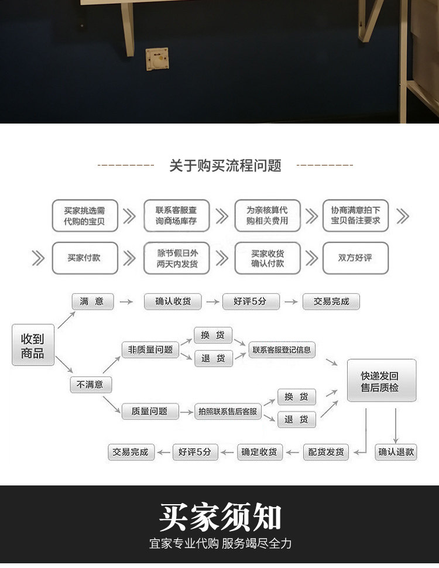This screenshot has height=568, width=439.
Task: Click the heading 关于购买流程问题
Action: click(225, 166)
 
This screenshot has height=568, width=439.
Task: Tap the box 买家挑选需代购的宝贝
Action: click(85, 216)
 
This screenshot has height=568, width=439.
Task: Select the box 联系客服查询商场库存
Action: click(176, 216)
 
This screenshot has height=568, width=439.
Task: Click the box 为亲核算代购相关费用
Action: click(267, 216)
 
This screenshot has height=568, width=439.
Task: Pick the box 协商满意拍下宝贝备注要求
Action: click(355, 216)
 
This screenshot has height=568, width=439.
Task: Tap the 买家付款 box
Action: click(84, 258)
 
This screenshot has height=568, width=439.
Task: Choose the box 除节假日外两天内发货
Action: click(176, 258)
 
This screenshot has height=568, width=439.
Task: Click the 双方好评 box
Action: click(355, 258)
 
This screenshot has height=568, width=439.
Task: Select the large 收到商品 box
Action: click(33, 345)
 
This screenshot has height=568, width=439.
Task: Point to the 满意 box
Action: click(92, 302)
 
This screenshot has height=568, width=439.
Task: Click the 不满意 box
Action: click(91, 385)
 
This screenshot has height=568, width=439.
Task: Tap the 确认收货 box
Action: click(173, 302)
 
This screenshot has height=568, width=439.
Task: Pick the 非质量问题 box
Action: click(150, 350)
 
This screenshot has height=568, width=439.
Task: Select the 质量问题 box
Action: click(150, 411)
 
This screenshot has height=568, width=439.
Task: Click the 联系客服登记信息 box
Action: click(282, 350)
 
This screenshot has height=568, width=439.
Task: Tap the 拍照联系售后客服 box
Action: click(228, 412)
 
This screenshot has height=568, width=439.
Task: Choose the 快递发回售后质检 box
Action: click(381, 381)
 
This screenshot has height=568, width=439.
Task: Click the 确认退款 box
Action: click(396, 451)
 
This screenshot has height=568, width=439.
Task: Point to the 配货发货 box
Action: click(325, 452)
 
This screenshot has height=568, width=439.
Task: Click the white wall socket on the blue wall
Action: click(157, 61)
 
